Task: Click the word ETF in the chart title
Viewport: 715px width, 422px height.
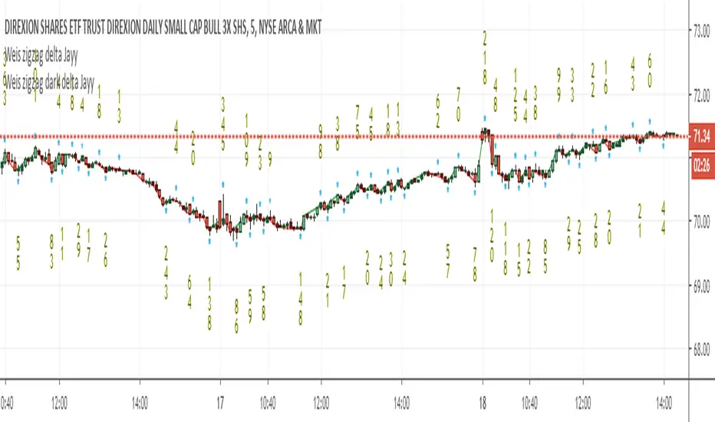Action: point(61,28)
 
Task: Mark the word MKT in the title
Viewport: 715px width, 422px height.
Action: point(314,28)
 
